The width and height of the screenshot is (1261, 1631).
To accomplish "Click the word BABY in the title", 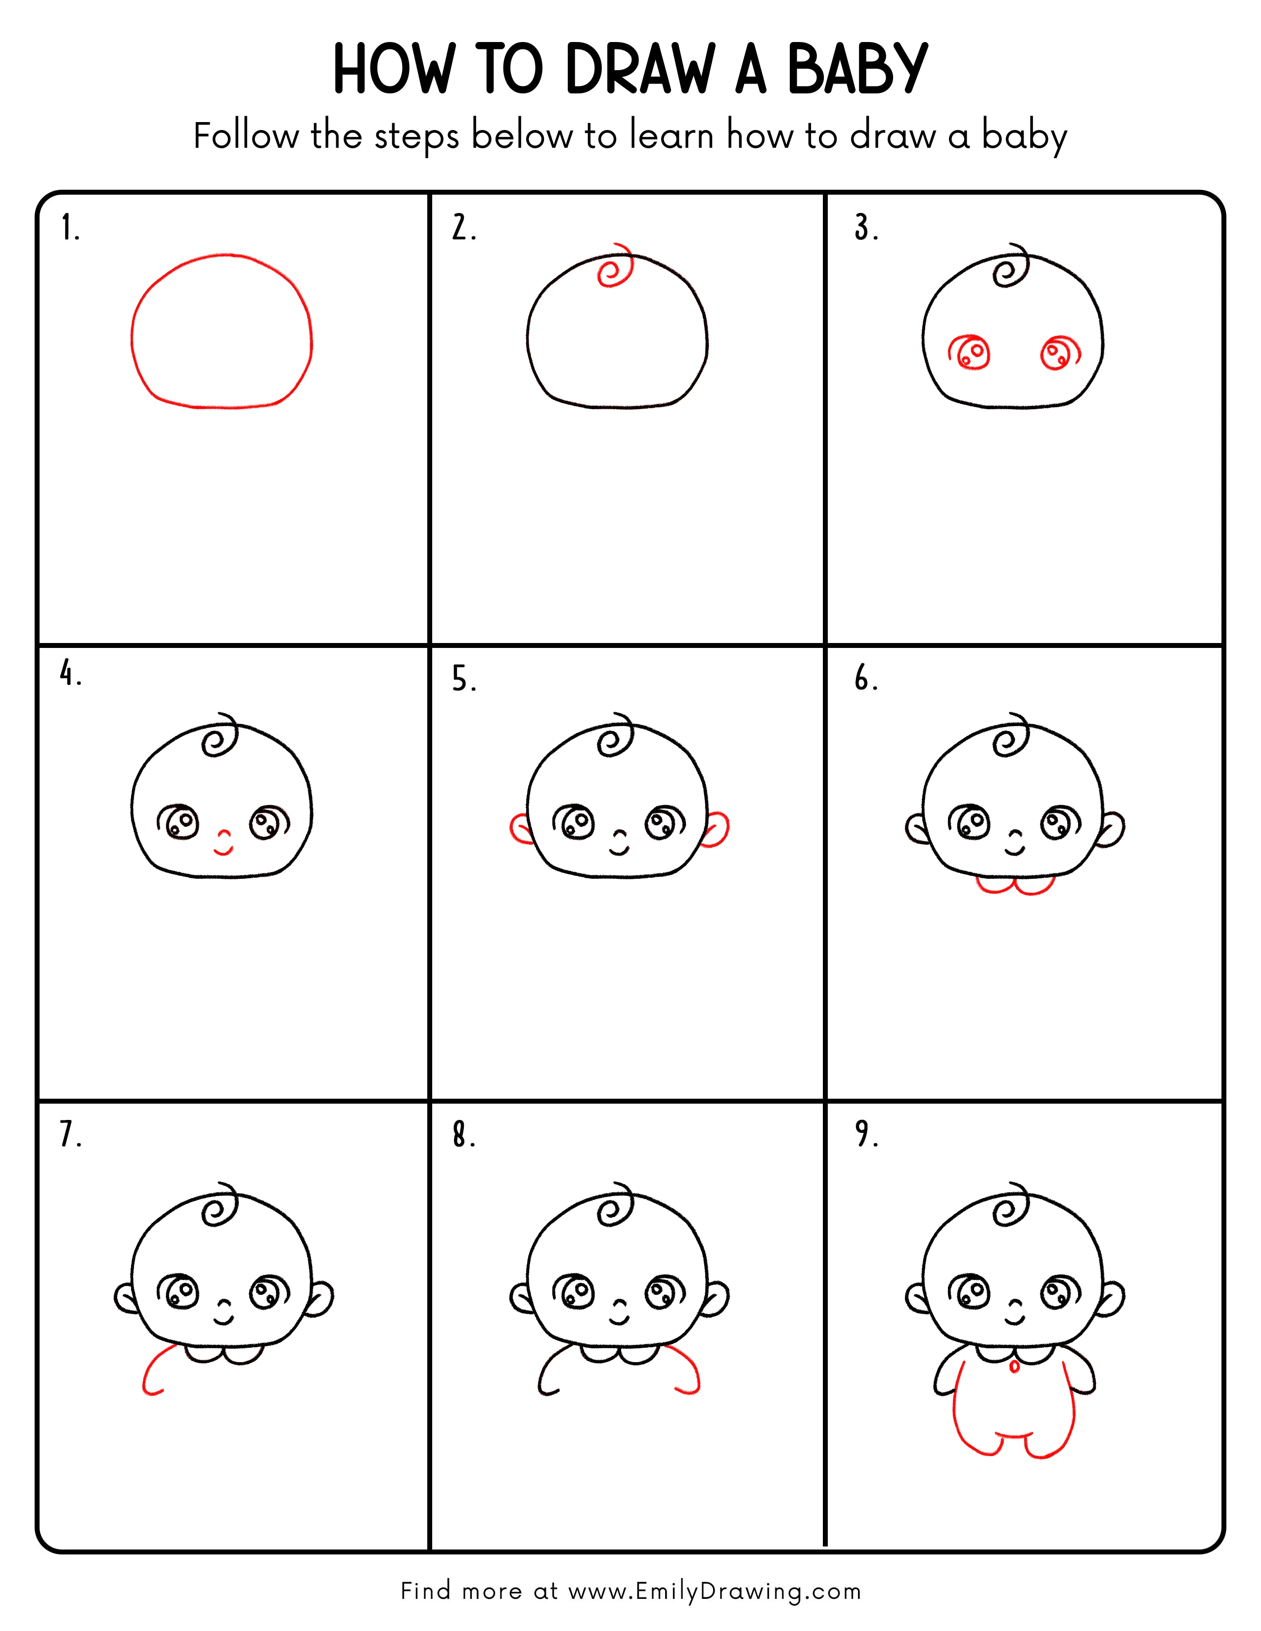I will [857, 70].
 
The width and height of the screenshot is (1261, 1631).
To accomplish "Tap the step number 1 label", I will [69, 228].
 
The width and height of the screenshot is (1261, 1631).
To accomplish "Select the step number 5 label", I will [463, 680].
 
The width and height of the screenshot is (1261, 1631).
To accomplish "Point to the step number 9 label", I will [866, 1134].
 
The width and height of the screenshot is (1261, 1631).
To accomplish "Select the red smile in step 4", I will [224, 849].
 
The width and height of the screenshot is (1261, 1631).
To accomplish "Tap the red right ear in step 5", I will [717, 829].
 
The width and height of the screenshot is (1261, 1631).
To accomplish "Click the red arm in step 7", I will [155, 1371].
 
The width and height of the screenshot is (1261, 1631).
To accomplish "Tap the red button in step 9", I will [1014, 1367].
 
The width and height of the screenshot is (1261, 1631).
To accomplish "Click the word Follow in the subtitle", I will [245, 137].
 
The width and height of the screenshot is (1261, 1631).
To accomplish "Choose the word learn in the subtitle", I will [672, 137].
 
